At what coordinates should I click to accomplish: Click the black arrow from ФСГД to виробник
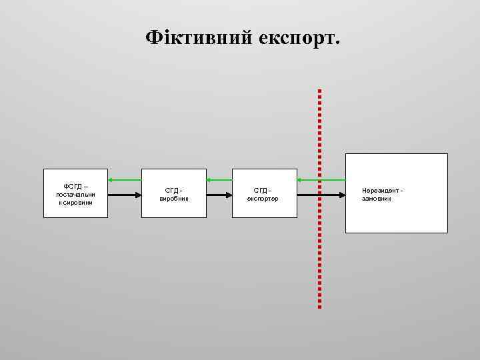coord(125,195)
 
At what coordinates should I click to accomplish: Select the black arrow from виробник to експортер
coord(218,195)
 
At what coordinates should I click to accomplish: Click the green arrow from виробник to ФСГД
coord(125,179)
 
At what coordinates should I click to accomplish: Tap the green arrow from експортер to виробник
coord(218,179)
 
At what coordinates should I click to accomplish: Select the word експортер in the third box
coord(263,198)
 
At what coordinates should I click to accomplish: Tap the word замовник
coord(377,199)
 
